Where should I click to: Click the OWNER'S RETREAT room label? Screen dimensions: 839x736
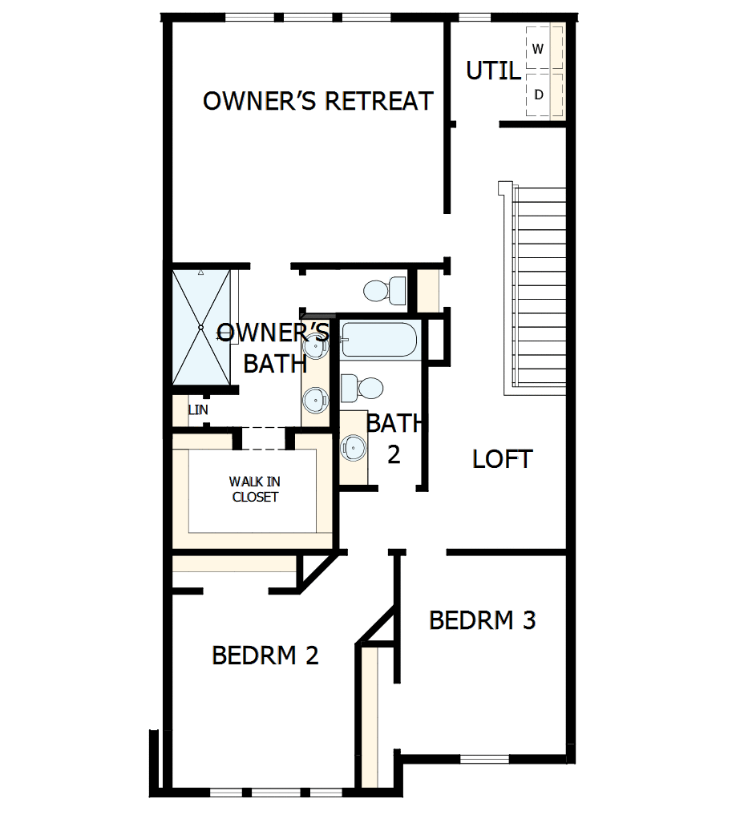click(x=317, y=101)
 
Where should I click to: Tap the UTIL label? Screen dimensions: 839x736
click(x=492, y=71)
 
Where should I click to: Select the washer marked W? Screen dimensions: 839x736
click(x=538, y=49)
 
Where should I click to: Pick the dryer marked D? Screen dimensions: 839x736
click(x=539, y=95)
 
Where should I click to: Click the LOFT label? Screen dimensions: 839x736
click(x=502, y=459)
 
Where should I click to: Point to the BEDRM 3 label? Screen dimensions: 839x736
click(x=482, y=620)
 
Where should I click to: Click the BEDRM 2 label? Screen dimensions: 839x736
click(x=265, y=655)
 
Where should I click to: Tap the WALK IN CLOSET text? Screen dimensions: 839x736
click(x=254, y=489)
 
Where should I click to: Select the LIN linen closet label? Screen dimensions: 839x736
click(x=197, y=410)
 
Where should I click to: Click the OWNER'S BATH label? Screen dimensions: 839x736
click(x=274, y=348)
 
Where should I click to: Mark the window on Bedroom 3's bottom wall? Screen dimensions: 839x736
click(x=484, y=759)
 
